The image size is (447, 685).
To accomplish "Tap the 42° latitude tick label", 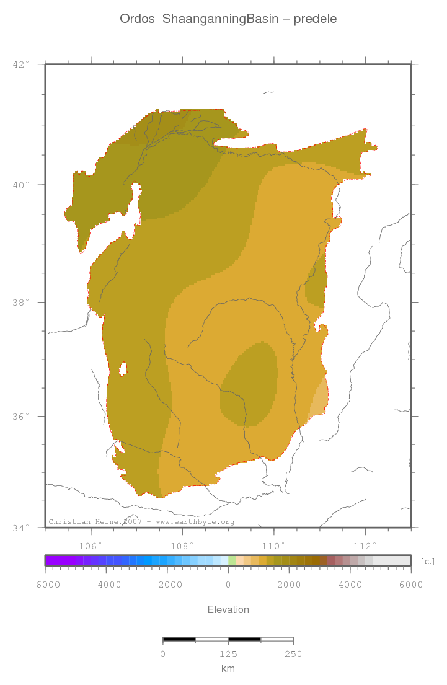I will pos(21,64).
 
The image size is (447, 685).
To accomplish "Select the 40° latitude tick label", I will pos(21,185).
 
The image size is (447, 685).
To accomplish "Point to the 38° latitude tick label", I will pos(21,303).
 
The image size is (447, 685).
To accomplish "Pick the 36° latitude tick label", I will pos(21,417).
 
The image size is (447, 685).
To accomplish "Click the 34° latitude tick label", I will pos(21,528).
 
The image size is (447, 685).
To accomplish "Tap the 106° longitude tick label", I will pos(91,546).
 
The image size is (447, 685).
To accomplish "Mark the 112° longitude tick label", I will pos(365,546).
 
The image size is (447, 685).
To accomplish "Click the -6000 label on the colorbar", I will pos(45,584).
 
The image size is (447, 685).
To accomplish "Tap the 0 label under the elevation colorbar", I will pos(228,584).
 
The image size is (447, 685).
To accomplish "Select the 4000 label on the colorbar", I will pos(350,584).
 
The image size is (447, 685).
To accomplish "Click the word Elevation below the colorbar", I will pos(228,610).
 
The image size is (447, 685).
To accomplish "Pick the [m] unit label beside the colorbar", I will pos(428,561).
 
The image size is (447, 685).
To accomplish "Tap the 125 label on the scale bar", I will pos(228,654).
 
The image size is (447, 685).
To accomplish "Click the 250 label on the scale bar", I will pos(293,654).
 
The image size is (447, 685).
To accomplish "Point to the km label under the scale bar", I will pos(228,669).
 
